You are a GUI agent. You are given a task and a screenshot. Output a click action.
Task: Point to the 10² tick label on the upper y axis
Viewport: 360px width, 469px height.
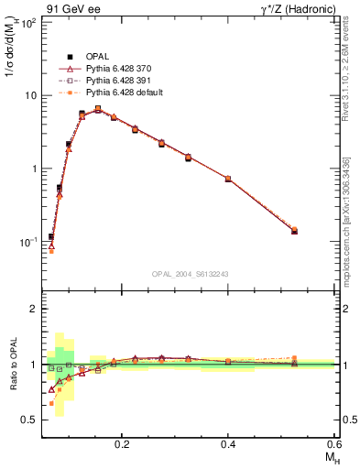point(28,22)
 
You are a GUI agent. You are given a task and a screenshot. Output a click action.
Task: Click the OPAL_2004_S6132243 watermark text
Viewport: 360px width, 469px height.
point(191,274)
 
